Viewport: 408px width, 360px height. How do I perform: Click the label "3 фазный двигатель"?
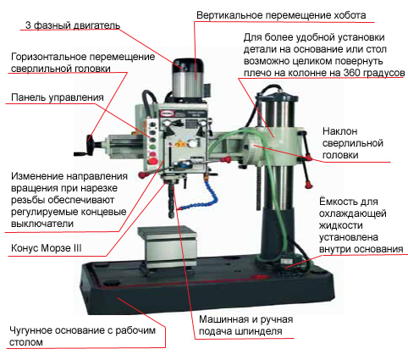pos(73,25)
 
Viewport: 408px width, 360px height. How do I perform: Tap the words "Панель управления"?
pos(58,97)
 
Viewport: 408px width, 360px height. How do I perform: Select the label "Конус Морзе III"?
pos(47,248)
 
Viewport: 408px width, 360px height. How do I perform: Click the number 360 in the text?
pos(351,73)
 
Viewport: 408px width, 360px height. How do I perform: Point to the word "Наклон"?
pos(340,131)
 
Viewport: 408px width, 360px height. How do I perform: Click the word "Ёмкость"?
pos(337,202)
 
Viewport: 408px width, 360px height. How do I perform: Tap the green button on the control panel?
pos(152,147)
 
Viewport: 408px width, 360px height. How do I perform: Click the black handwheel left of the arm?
pos(85,146)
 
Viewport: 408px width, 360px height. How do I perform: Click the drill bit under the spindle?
pos(171,202)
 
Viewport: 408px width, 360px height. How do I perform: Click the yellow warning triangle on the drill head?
pos(179,143)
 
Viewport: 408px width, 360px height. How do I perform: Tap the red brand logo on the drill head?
pos(165,114)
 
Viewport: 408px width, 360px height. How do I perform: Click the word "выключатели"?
pos(42,224)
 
